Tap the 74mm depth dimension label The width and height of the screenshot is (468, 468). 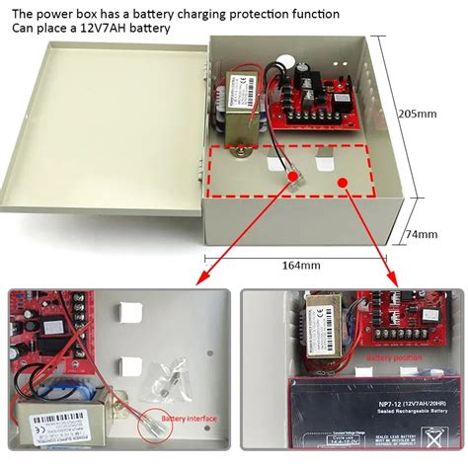tap(422, 234)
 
